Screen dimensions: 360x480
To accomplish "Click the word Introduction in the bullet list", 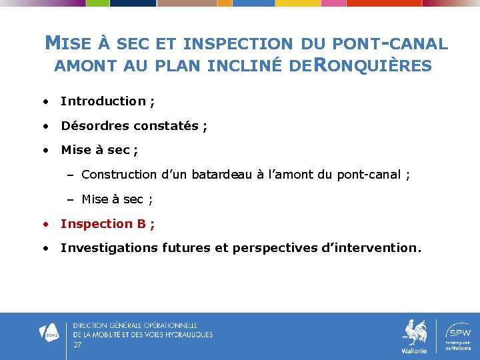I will point(103,101).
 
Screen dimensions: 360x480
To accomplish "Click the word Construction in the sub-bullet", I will point(119,175).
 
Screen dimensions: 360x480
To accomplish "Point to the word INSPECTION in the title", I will point(237,45).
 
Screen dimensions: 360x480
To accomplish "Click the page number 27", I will point(77,345).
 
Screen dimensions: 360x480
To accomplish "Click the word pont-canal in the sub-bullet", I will point(370,175).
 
